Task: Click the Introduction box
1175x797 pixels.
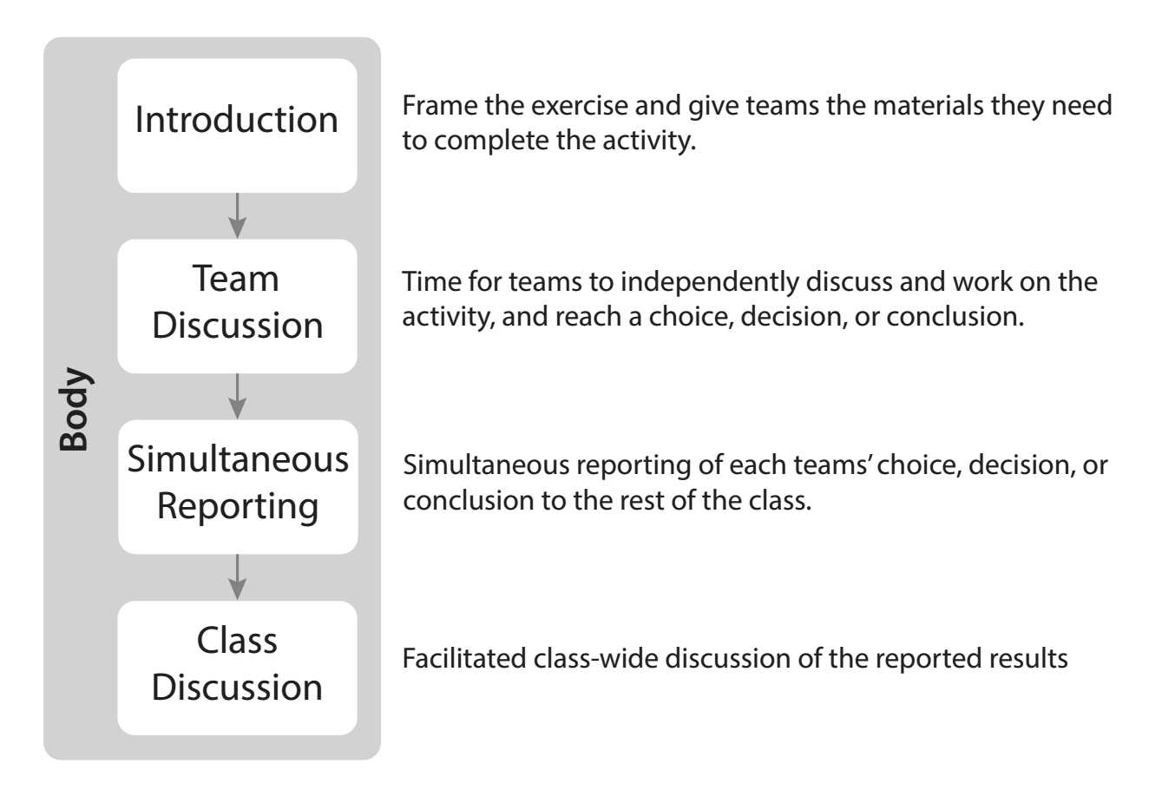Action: click(x=237, y=125)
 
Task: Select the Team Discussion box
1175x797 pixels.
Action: click(x=237, y=306)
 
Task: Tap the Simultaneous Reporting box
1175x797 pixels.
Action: click(x=238, y=487)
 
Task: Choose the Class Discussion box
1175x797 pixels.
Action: click(x=237, y=668)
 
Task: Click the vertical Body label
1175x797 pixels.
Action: click(x=74, y=409)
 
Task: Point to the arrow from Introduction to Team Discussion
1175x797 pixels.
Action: click(x=237, y=215)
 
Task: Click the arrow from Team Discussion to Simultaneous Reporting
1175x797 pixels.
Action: click(x=237, y=397)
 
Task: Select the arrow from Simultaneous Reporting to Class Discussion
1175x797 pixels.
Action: click(x=237, y=577)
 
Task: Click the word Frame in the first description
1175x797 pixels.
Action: click(x=440, y=105)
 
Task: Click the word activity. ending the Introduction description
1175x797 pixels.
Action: click(x=649, y=142)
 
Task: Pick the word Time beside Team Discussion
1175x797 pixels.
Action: click(x=431, y=281)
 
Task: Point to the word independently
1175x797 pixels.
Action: click(x=710, y=283)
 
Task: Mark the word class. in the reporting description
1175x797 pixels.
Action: click(x=779, y=500)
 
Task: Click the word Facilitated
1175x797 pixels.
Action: click(x=463, y=658)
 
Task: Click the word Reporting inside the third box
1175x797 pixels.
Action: click(x=238, y=508)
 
